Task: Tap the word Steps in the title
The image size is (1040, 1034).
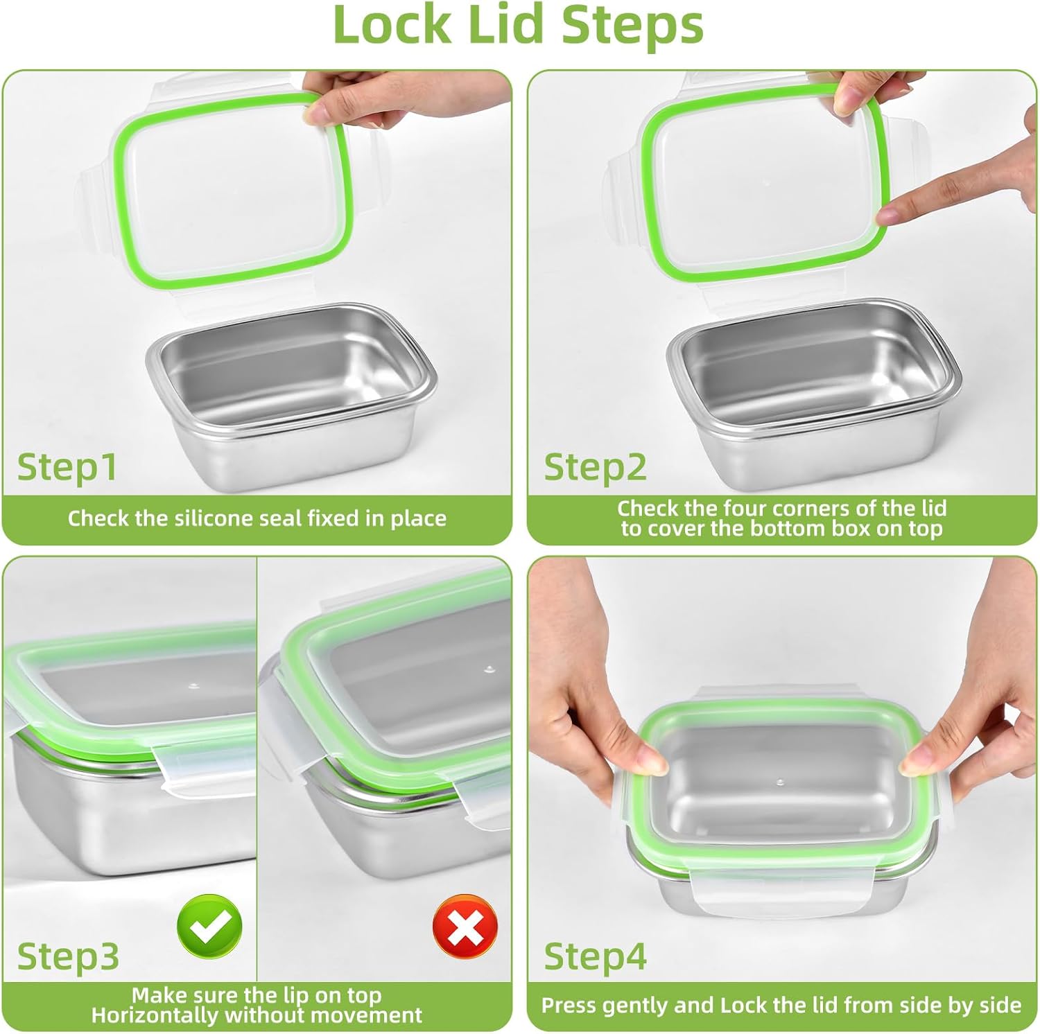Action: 632,24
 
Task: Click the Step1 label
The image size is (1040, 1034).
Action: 67,466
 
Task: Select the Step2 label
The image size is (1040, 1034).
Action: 595,466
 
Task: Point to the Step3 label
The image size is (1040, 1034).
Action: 68,956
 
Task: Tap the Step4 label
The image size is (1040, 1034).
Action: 595,956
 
